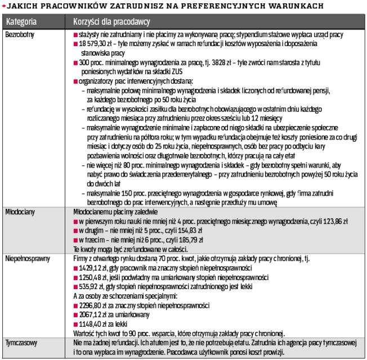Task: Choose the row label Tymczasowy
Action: pyautogui.click(x=21, y=341)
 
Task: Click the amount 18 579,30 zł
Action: pyautogui.click(x=96, y=43)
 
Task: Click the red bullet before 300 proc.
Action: pyautogui.click(x=75, y=61)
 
